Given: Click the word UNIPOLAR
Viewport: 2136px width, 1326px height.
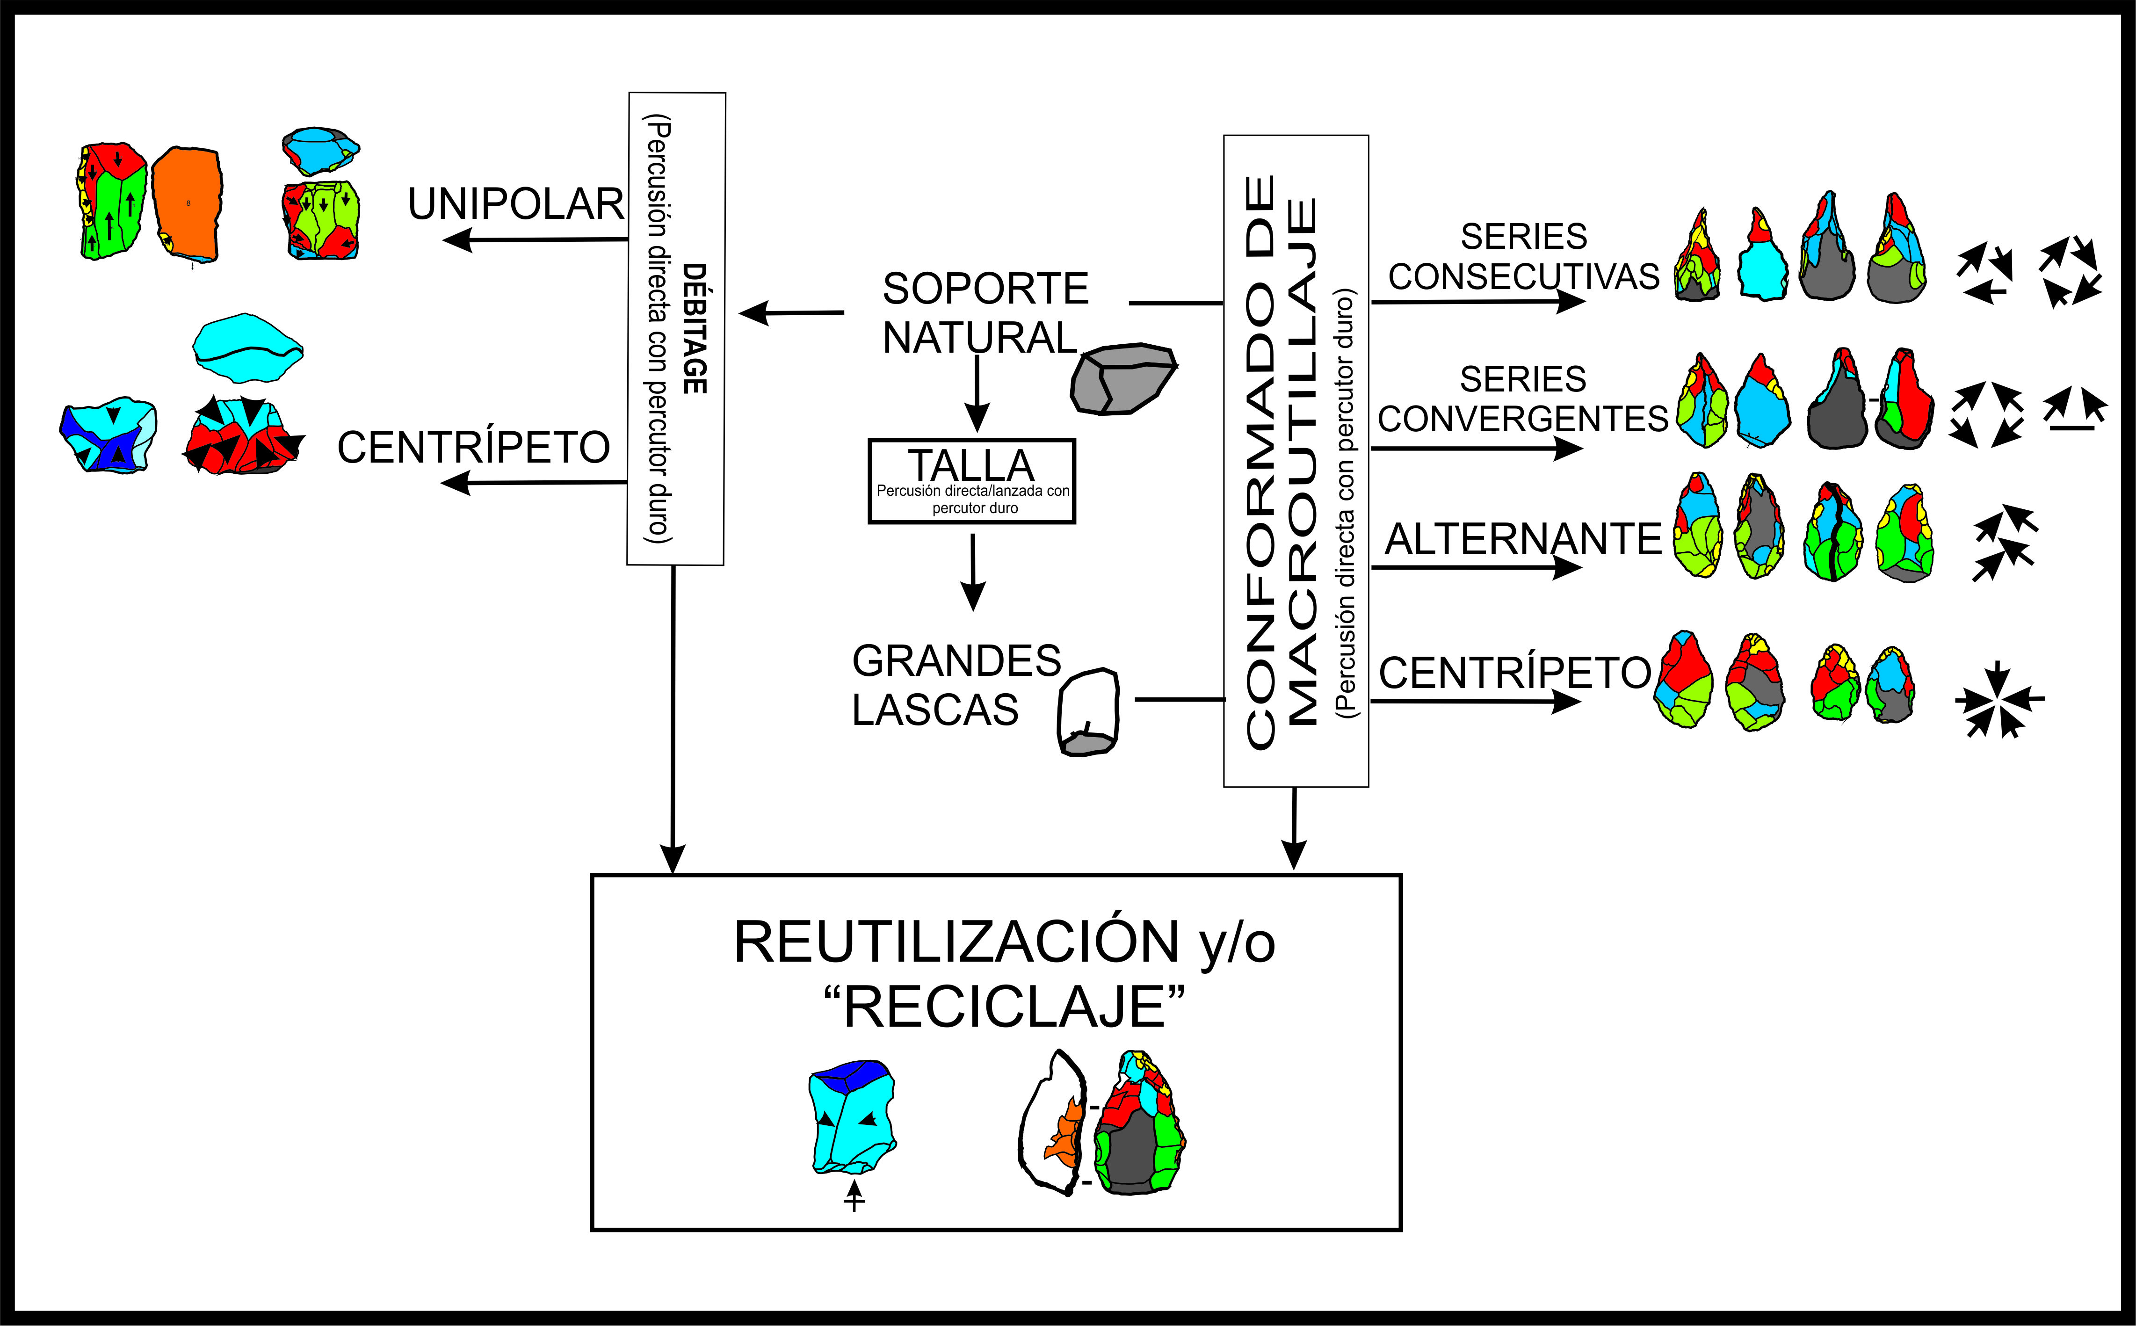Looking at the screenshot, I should coord(515,204).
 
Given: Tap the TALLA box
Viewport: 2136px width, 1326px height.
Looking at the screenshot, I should coord(971,481).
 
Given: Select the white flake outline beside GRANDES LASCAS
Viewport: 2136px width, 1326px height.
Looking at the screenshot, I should coord(1089,712).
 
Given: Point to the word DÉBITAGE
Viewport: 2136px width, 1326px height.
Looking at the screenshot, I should coord(695,329).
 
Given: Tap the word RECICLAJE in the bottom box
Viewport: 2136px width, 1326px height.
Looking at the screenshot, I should coord(1005,1007).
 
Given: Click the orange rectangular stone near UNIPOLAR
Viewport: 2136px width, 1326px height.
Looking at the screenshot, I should coord(186,204).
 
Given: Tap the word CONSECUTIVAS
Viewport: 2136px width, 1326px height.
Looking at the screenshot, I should coord(1523,276).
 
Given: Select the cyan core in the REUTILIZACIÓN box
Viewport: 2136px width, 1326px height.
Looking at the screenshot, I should coord(851,1118).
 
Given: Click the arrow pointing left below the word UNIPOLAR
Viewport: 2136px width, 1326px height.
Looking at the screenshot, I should coord(535,239).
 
